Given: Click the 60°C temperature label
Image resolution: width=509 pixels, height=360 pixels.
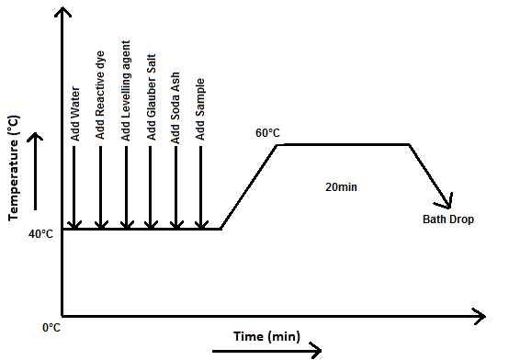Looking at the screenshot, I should coord(268,134).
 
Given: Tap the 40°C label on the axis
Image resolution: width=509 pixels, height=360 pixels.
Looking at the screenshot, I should coord(40,234).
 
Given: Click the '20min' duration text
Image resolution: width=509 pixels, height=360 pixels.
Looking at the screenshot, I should coord(340,186).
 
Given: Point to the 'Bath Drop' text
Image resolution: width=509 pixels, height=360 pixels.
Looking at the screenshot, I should coord(448,219).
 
